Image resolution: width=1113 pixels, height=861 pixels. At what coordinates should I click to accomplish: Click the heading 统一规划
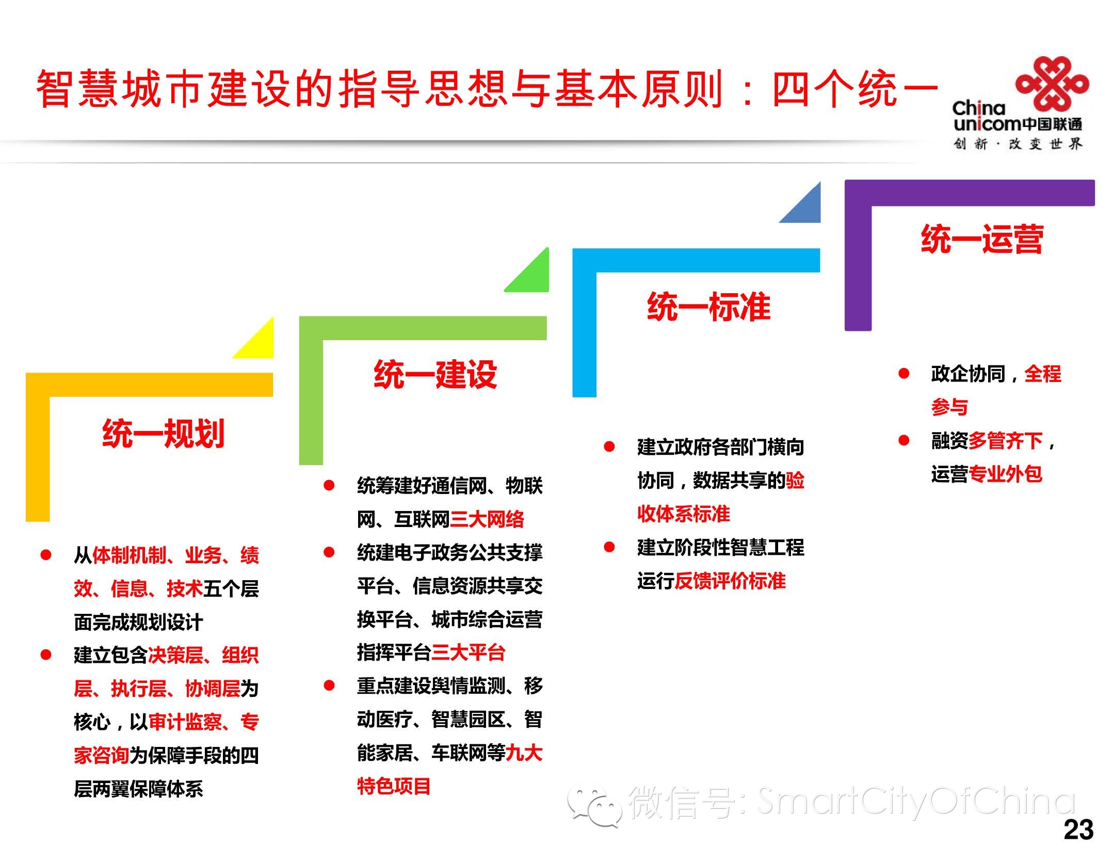click(x=163, y=434)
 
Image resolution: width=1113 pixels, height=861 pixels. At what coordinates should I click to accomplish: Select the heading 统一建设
click(x=435, y=375)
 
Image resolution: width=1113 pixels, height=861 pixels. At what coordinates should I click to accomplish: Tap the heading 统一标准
click(x=708, y=307)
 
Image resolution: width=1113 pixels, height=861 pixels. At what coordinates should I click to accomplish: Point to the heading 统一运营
click(x=982, y=240)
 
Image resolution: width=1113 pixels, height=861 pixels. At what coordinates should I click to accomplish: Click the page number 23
click(x=1078, y=830)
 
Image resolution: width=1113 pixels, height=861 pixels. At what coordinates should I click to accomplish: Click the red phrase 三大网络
click(x=487, y=519)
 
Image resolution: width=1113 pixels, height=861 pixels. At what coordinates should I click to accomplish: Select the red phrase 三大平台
click(x=468, y=652)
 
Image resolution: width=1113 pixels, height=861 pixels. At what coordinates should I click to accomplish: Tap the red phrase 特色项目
click(x=394, y=786)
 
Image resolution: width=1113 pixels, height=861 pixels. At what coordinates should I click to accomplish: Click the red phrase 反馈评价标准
click(x=730, y=581)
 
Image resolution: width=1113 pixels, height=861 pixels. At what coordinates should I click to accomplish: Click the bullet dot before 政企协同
click(x=904, y=373)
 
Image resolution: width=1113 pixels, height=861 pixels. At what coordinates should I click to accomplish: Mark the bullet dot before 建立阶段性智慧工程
click(x=609, y=547)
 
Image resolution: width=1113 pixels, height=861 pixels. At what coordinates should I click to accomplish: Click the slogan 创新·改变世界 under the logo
click(x=1017, y=144)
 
